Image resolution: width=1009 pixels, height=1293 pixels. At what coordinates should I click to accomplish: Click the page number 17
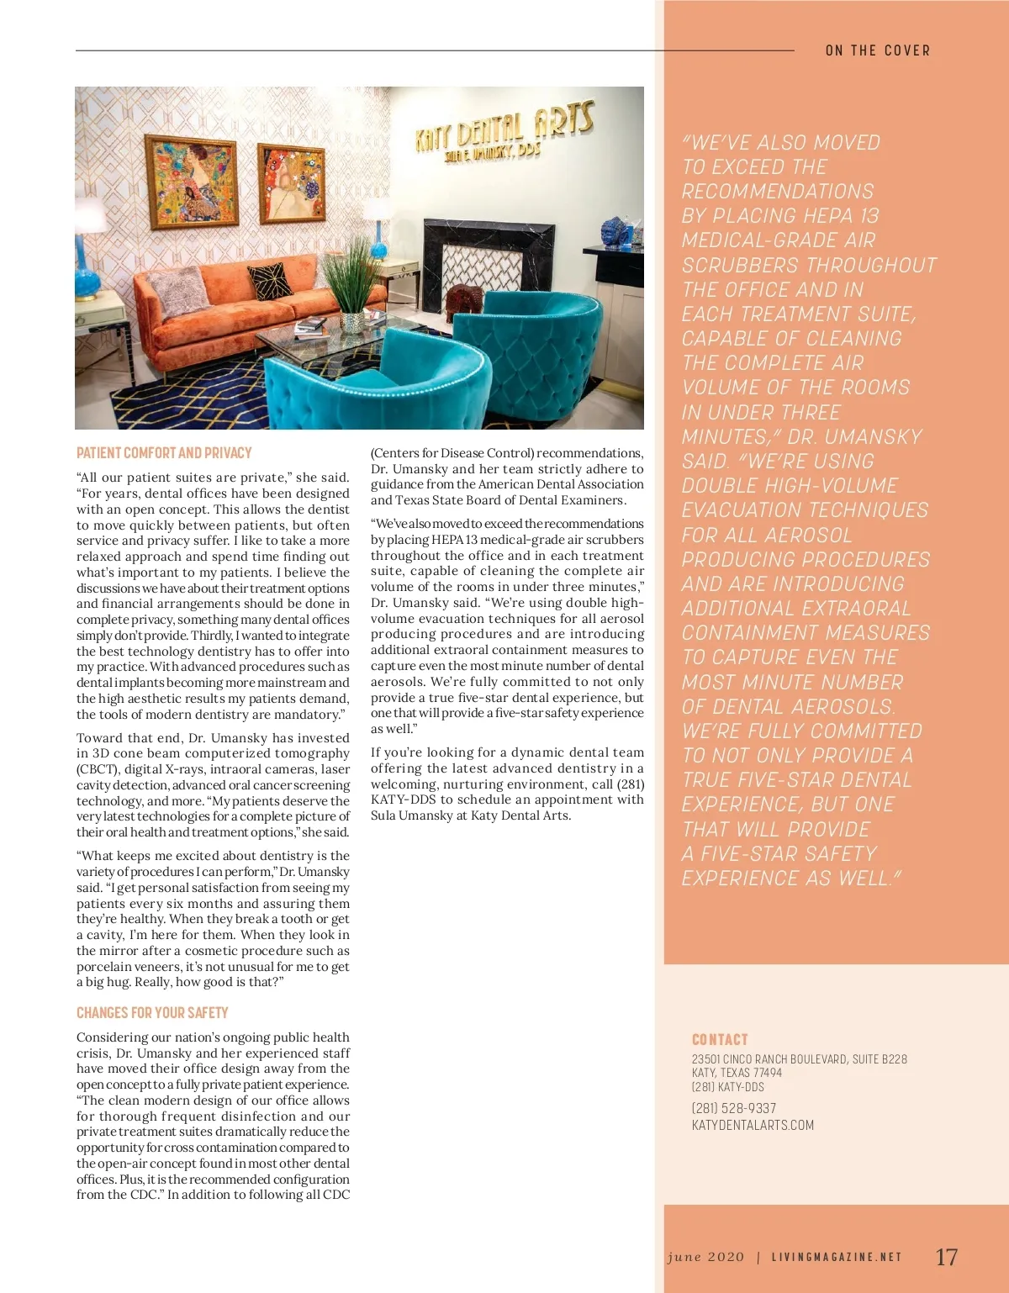click(x=946, y=1257)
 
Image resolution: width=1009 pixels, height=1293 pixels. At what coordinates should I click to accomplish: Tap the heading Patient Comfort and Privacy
click(x=164, y=453)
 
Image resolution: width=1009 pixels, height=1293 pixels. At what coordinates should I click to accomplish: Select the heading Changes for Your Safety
click(x=152, y=1013)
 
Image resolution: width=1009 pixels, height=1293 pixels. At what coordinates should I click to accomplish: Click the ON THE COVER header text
click(x=878, y=50)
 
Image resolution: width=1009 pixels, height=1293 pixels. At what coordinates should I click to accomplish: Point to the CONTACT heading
click(x=720, y=1040)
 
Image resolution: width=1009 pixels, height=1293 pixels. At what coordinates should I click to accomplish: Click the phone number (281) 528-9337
click(x=734, y=1108)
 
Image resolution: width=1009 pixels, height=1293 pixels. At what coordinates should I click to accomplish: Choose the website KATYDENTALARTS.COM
click(x=753, y=1125)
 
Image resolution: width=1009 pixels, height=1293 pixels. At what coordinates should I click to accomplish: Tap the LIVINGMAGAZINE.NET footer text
click(x=837, y=1258)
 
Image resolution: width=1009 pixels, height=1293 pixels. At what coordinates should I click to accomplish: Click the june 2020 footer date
click(x=706, y=1258)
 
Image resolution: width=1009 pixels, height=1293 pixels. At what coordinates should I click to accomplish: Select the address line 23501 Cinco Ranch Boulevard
click(x=799, y=1059)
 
